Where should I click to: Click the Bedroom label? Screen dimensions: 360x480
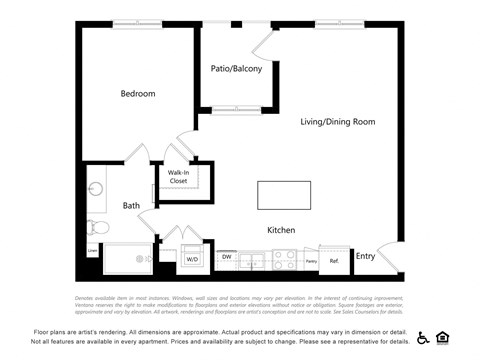pyautogui.click(x=138, y=94)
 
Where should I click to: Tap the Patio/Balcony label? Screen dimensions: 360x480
pyautogui.click(x=236, y=69)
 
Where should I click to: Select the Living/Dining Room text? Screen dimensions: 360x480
pyautogui.click(x=337, y=122)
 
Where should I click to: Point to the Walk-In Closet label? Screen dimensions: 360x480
pyautogui.click(x=178, y=177)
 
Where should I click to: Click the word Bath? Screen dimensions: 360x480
pyautogui.click(x=131, y=206)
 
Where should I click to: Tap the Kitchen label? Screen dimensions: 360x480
pyautogui.click(x=280, y=230)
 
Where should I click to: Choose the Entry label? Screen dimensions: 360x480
pyautogui.click(x=365, y=256)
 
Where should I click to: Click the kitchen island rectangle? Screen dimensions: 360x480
pyautogui.click(x=283, y=194)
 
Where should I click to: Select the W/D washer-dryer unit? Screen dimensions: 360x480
pyautogui.click(x=192, y=259)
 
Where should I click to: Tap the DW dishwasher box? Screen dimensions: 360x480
pyautogui.click(x=227, y=257)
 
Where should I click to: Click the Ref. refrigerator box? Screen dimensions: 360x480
pyautogui.click(x=334, y=260)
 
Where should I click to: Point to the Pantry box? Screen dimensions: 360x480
pyautogui.click(x=311, y=260)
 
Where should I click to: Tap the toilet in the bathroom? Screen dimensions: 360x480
pyautogui.click(x=94, y=227)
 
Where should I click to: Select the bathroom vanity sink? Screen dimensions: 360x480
pyautogui.click(x=96, y=189)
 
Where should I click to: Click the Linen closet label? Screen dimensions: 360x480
pyautogui.click(x=92, y=251)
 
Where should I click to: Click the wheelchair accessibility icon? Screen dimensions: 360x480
pyautogui.click(x=423, y=337)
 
